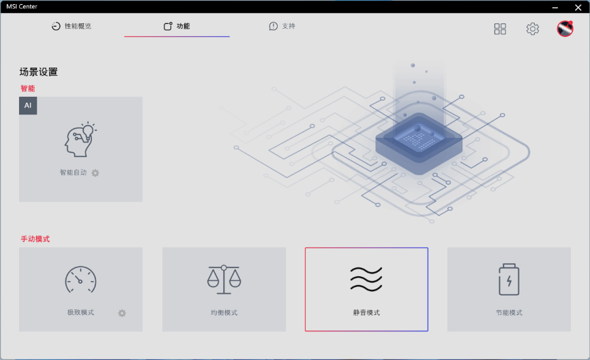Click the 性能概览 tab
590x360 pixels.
click(72, 26)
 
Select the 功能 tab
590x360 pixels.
click(177, 26)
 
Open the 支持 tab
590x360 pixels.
click(282, 26)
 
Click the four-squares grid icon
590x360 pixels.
click(500, 29)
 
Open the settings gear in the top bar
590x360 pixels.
click(533, 29)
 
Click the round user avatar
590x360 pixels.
click(565, 29)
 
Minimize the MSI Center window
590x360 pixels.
click(555, 7)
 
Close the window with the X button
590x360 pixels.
click(578, 7)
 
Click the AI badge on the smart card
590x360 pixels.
click(28, 105)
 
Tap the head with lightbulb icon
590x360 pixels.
click(80, 140)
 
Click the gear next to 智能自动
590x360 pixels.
click(95, 173)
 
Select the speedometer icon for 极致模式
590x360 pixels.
click(80, 280)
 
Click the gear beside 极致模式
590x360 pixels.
click(122, 313)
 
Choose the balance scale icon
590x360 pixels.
click(224, 280)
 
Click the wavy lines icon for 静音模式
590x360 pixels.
click(366, 279)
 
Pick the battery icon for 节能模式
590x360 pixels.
click(509, 280)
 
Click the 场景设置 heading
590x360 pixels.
click(38, 72)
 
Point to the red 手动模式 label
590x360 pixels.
click(35, 239)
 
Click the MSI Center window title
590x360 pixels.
click(22, 6)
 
